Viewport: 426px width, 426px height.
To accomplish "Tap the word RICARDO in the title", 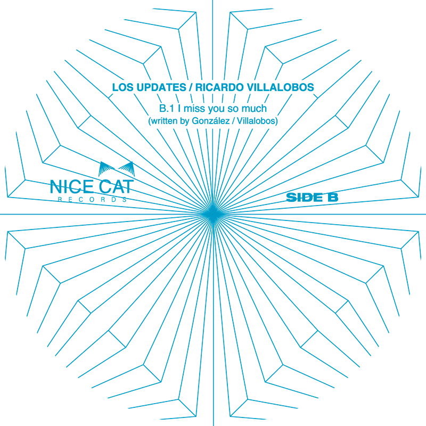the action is coord(219,87).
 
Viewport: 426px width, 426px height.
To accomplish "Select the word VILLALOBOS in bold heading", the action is coord(281,87).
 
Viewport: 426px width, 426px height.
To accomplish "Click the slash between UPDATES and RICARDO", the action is coord(191,87).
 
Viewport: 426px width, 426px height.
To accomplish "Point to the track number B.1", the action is coord(166,109).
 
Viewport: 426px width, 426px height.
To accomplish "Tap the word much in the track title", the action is coord(254,109).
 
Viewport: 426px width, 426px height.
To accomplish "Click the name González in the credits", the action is coord(211,121).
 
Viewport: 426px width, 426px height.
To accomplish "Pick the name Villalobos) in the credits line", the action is coord(257,121).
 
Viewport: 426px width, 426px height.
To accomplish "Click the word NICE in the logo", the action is coord(72,187).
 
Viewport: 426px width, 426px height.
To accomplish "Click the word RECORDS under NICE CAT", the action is coord(92,200).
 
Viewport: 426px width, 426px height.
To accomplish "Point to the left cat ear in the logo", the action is coord(105,168).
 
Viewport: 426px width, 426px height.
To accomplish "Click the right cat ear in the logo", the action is coord(127,168).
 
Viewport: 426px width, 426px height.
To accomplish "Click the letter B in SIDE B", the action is coord(333,198).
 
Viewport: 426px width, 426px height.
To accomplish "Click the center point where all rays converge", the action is coord(213,215).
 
